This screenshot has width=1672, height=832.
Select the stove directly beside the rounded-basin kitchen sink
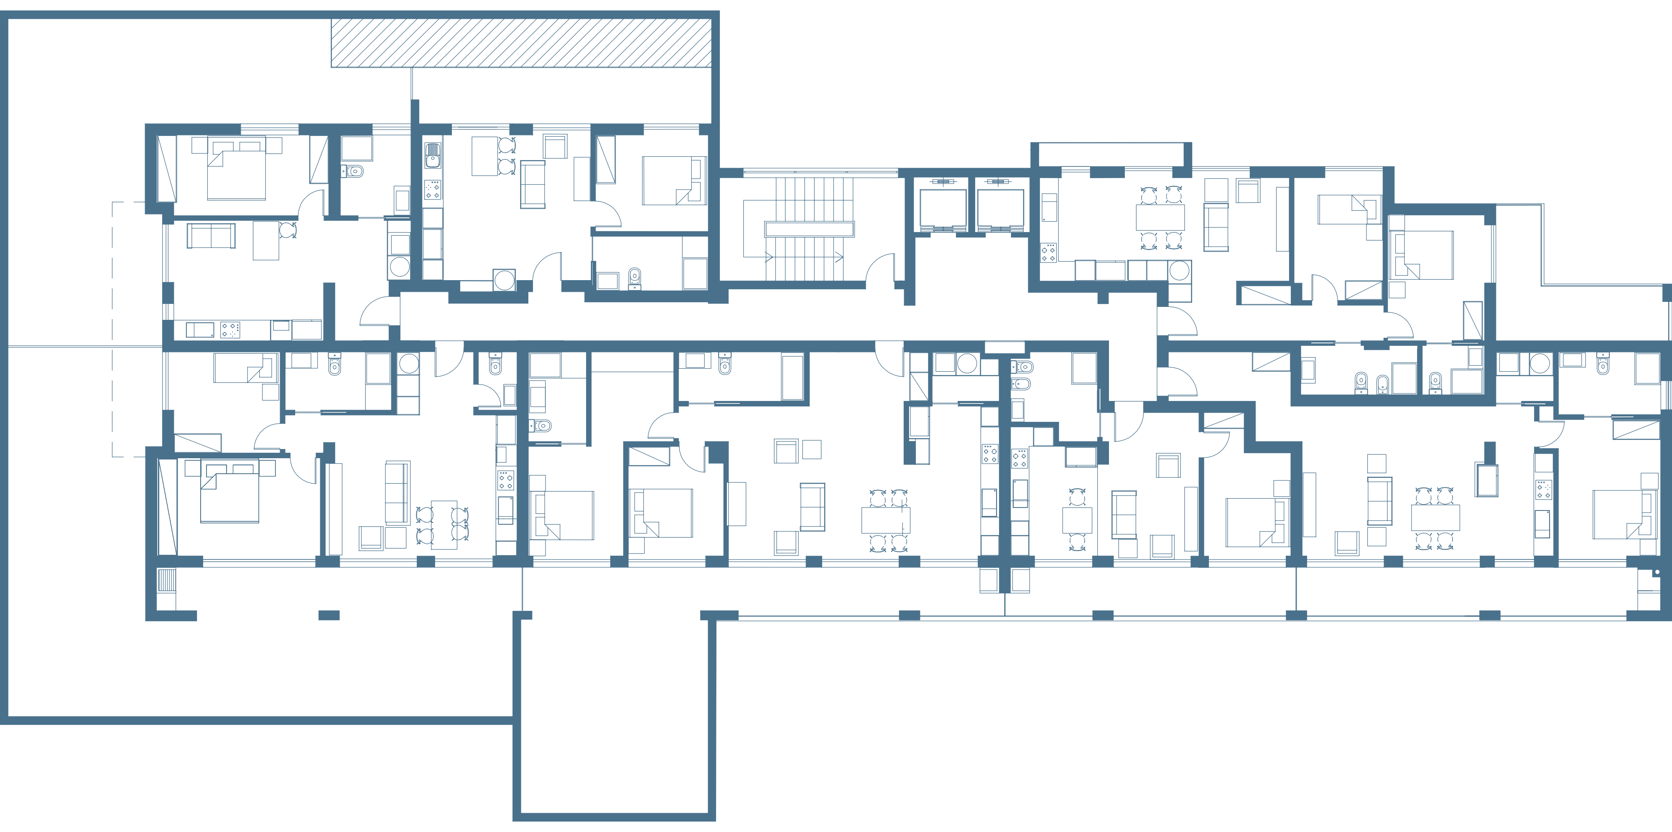[x=432, y=189]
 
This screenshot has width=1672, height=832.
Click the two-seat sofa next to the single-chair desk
[x=212, y=235]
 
